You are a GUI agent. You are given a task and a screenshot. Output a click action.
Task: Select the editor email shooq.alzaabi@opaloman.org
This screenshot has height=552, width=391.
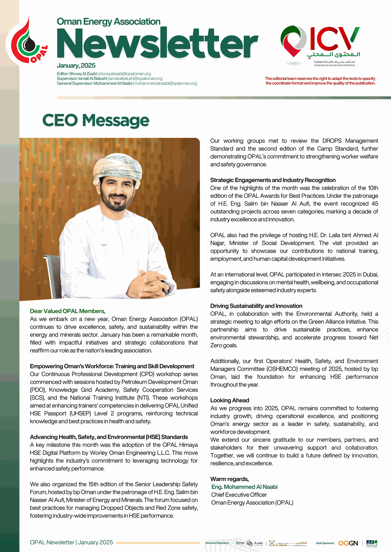(x=125, y=74)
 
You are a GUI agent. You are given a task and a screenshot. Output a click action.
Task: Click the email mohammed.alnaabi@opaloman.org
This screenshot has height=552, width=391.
(x=166, y=83)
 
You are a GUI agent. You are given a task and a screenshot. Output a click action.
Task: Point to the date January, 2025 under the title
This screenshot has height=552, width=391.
(x=76, y=66)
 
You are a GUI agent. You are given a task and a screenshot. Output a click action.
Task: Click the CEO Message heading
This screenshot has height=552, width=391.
(x=96, y=120)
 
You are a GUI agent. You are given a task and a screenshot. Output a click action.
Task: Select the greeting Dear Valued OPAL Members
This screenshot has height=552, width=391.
(x=68, y=311)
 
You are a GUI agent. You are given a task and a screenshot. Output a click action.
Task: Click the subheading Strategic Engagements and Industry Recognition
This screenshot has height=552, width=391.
(x=273, y=180)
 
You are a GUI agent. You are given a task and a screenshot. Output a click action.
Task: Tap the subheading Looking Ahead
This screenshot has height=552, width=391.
(x=229, y=400)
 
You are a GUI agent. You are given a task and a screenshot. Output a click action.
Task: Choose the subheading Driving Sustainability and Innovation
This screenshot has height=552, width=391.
(x=256, y=306)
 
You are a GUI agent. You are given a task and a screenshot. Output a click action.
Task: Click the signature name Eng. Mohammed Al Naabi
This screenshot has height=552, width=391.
(x=244, y=487)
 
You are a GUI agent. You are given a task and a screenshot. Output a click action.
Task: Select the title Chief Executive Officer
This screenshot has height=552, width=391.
(x=239, y=495)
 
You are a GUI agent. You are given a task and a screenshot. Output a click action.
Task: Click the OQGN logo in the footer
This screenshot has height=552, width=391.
(x=348, y=543)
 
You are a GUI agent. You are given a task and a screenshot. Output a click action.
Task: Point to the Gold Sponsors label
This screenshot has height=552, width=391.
(x=325, y=543)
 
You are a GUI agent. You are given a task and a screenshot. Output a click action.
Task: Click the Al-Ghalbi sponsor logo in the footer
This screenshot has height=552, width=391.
(x=288, y=543)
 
